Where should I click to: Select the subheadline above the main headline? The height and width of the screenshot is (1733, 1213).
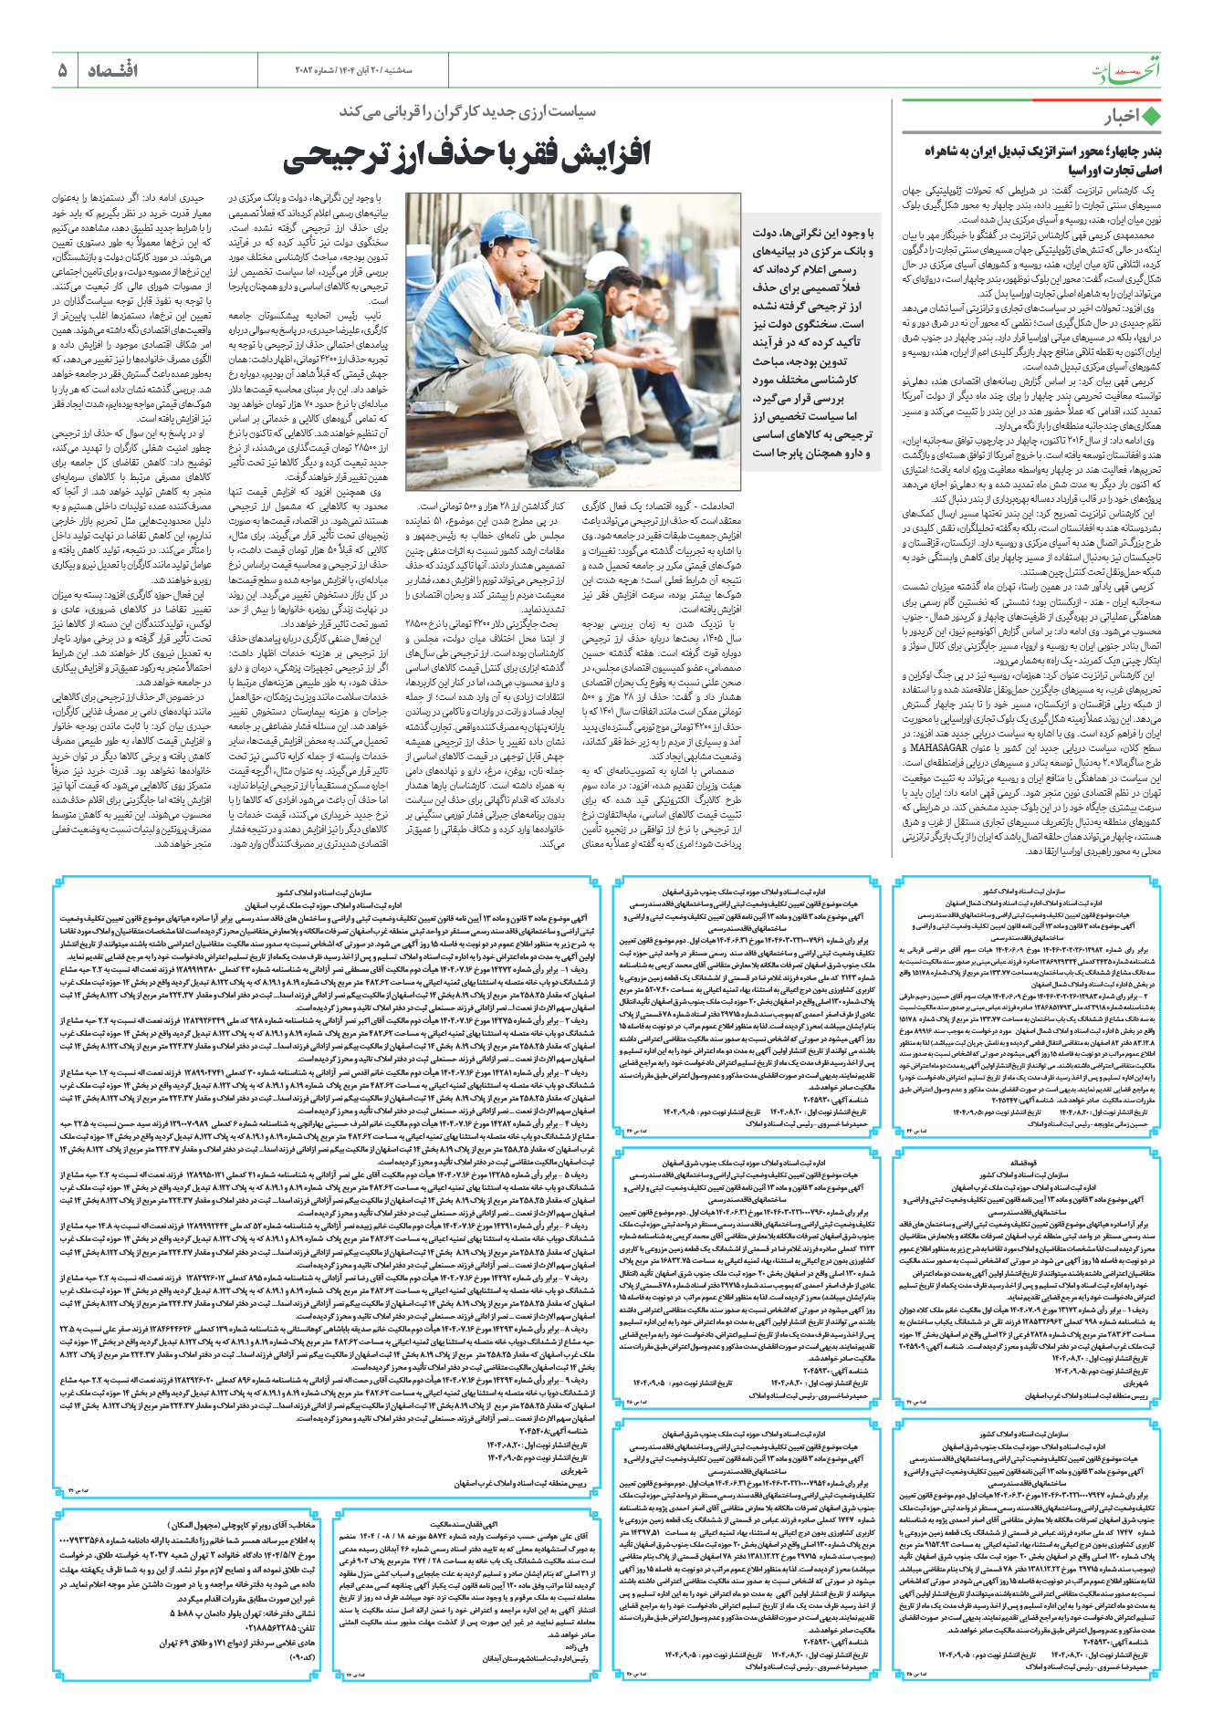tap(467, 111)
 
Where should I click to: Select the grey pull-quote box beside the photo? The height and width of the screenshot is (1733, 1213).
tap(810, 343)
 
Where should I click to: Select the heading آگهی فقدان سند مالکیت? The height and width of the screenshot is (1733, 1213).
tap(468, 1524)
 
